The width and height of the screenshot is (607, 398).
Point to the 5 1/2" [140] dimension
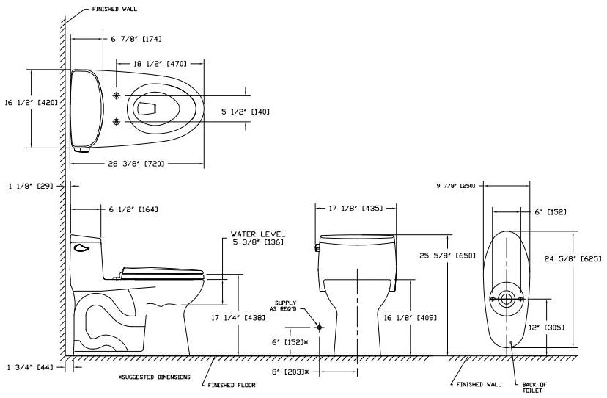tap(246, 112)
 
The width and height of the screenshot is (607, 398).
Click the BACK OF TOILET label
tap(535, 388)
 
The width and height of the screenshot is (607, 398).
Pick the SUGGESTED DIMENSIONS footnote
tap(153, 377)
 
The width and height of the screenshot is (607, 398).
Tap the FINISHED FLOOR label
tap(232, 384)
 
